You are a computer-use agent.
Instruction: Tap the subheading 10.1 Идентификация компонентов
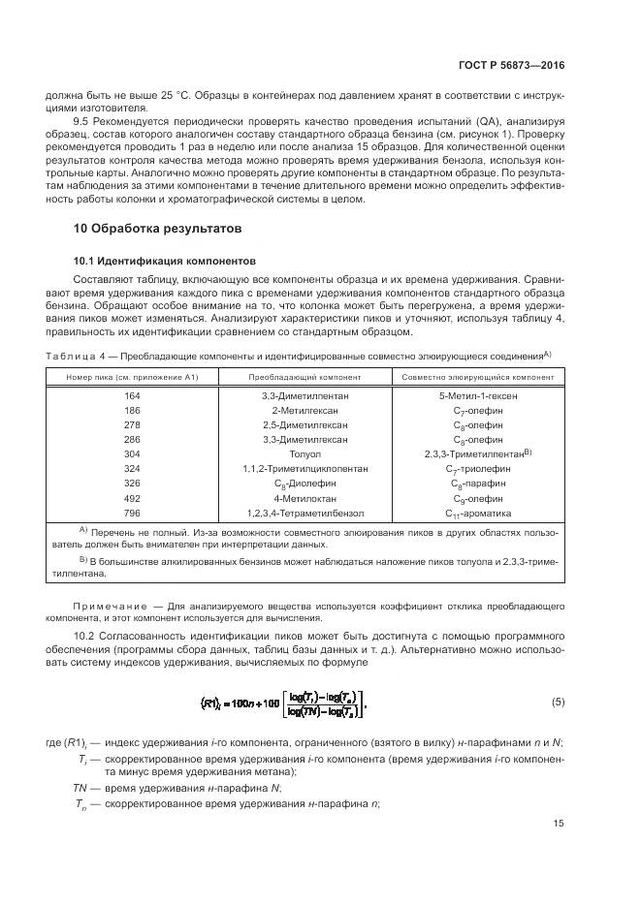point(166,261)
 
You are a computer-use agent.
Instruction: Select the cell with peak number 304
point(132,453)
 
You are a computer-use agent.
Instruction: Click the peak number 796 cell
point(132,512)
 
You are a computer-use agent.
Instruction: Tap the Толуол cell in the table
point(304,453)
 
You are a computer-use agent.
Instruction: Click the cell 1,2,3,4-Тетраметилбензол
point(304,512)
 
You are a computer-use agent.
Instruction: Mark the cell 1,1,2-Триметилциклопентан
point(304,468)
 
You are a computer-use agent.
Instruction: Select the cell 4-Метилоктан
point(304,497)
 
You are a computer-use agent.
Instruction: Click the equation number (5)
point(558,701)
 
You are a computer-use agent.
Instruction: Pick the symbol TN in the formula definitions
point(80,789)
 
